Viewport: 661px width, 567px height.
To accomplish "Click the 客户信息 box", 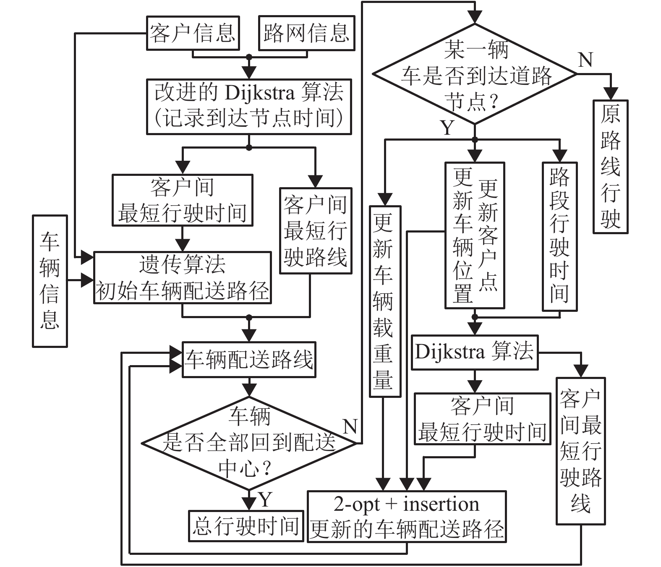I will tap(193, 33).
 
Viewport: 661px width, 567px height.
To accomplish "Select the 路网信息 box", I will tap(306, 33).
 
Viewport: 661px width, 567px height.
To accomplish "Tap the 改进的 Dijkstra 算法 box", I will tap(249, 107).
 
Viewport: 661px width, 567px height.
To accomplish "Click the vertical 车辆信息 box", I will tap(50, 281).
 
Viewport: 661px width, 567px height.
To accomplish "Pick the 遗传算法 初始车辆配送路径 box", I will tap(183, 277).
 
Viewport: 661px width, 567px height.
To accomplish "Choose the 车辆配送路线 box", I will tap(249, 360).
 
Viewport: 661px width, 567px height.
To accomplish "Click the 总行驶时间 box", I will tap(246, 526).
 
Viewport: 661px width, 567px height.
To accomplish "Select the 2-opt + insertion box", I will tap(407, 516).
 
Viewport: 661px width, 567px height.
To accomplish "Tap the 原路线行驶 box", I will tap(610, 167).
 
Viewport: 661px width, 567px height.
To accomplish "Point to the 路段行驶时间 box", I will tap(559, 236).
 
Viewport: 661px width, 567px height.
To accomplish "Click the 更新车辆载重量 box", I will tap(385, 301).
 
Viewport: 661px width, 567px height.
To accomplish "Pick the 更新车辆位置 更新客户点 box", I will tap(475, 235).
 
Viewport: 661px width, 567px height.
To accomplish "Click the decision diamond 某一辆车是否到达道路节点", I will tap(475, 74).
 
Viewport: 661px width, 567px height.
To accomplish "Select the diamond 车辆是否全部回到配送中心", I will tap(249, 443).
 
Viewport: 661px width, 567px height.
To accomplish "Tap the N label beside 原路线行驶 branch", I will tap(585, 60).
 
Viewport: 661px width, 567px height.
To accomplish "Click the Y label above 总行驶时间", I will tap(265, 499).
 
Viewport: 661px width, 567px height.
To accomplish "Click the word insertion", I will tap(441, 504).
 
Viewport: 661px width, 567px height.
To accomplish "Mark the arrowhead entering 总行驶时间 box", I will tap(249, 504).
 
